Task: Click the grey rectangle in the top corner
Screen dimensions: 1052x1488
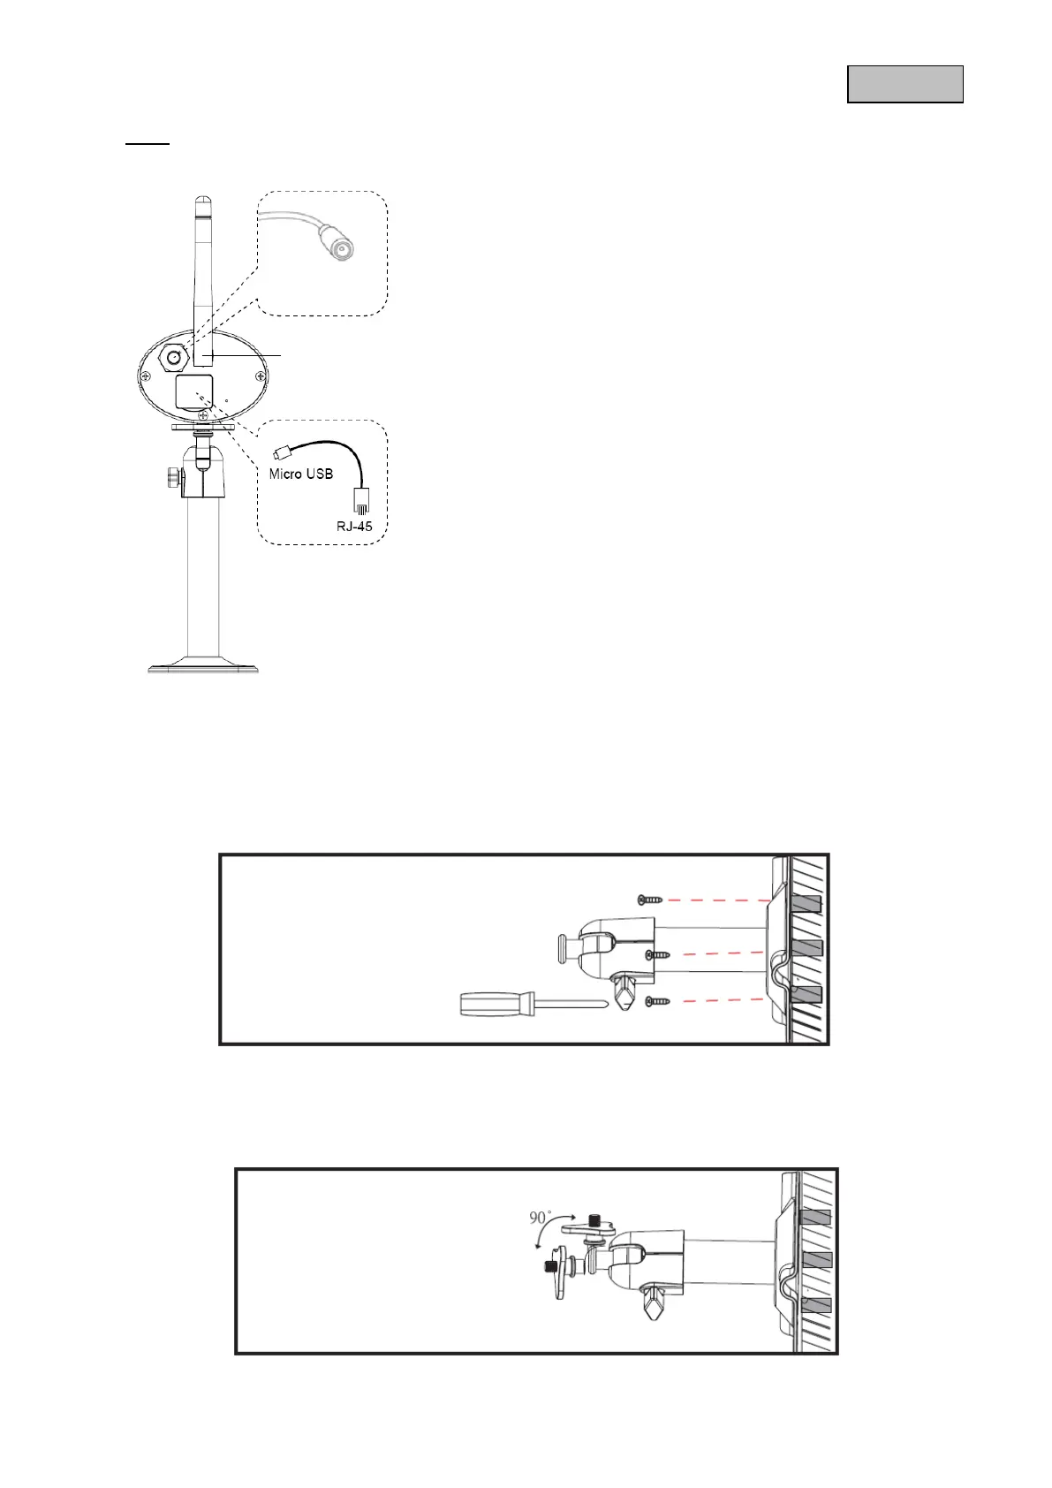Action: [x=904, y=84]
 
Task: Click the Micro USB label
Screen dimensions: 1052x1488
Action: [x=301, y=474]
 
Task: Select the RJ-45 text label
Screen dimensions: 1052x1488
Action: [x=354, y=527]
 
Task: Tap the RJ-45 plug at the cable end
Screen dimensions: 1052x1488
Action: [x=360, y=499]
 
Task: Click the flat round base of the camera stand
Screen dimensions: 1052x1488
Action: [x=203, y=665]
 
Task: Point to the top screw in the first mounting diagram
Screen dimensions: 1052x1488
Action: [x=649, y=899]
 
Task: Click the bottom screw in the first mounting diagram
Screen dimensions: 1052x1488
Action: [x=659, y=1000]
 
